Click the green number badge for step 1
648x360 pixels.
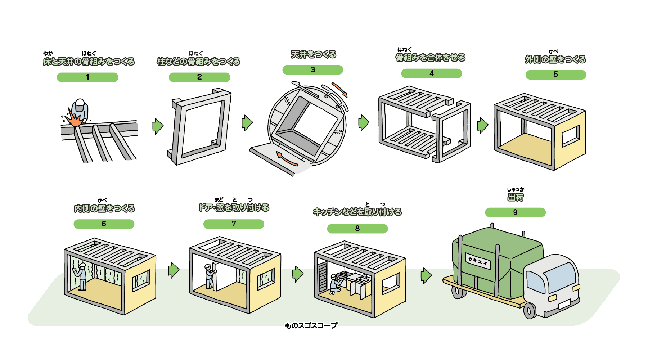tap(87, 77)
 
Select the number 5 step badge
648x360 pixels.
tap(555, 75)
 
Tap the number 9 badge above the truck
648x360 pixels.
tap(515, 212)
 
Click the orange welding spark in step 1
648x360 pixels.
tap(75, 119)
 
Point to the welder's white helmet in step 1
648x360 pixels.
tap(80, 103)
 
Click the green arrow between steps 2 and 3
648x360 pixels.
tap(247, 123)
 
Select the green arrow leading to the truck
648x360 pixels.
tap(426, 276)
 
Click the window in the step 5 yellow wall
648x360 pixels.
tap(571, 136)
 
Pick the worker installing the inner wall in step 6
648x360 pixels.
tap(81, 276)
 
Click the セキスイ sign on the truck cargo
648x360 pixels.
tap(478, 261)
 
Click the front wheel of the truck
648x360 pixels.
tap(530, 310)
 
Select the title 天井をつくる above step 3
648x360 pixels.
tap(313, 55)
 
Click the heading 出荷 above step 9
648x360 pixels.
tap(515, 197)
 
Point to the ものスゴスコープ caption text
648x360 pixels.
tap(311, 325)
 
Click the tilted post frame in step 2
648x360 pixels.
tap(200, 126)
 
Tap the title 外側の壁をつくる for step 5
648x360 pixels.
tap(555, 59)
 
